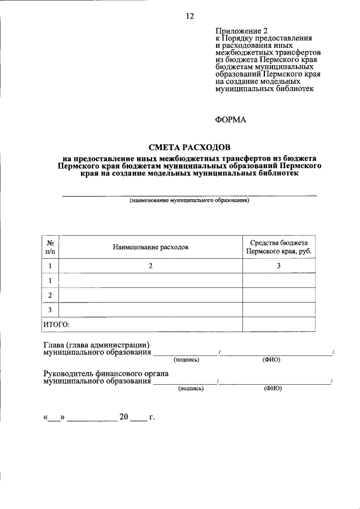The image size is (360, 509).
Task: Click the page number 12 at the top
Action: pyautogui.click(x=190, y=16)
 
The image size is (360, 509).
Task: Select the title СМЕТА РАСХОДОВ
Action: pyautogui.click(x=189, y=147)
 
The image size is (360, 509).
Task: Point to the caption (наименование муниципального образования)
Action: pyautogui.click(x=189, y=200)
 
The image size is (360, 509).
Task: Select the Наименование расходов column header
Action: pyautogui.click(x=150, y=247)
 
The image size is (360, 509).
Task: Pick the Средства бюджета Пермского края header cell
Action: pyautogui.click(x=278, y=247)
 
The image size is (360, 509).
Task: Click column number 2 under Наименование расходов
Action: pyautogui.click(x=150, y=266)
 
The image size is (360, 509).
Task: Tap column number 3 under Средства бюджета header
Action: pyautogui.click(x=278, y=266)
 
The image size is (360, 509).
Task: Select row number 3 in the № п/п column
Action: pyautogui.click(x=51, y=310)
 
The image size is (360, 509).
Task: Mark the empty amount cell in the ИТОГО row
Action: pyautogui.click(x=278, y=325)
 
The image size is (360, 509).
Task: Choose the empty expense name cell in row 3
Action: pyautogui.click(x=150, y=310)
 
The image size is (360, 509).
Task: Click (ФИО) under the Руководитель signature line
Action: pyautogui.click(x=272, y=388)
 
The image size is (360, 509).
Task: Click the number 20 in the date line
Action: pyautogui.click(x=124, y=417)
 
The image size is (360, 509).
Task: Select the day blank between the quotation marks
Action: pyautogui.click(x=54, y=418)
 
